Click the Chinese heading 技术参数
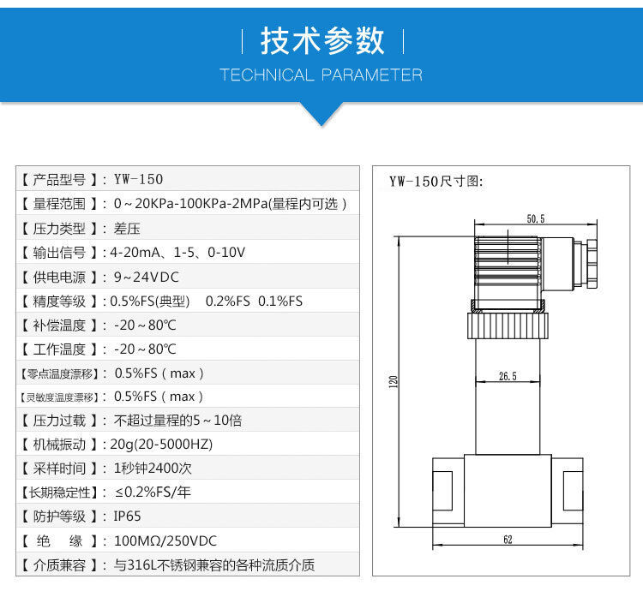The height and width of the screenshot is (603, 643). (x=321, y=41)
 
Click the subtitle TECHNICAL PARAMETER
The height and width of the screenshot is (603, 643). (x=321, y=75)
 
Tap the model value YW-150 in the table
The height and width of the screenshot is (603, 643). (x=138, y=180)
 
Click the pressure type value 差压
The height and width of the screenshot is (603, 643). (x=126, y=229)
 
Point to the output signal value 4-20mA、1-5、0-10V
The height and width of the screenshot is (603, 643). (x=177, y=253)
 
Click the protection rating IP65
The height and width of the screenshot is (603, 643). (x=128, y=516)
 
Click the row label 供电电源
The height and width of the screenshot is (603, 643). (x=59, y=278)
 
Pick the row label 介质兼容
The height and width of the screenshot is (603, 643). (x=59, y=565)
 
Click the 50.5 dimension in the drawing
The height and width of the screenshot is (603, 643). (x=536, y=220)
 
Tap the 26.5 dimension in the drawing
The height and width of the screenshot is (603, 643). (x=508, y=375)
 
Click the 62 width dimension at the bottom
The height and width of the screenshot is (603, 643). (x=508, y=540)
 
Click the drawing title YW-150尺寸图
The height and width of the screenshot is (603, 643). (x=436, y=182)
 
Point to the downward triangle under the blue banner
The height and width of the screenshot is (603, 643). (x=321, y=114)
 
